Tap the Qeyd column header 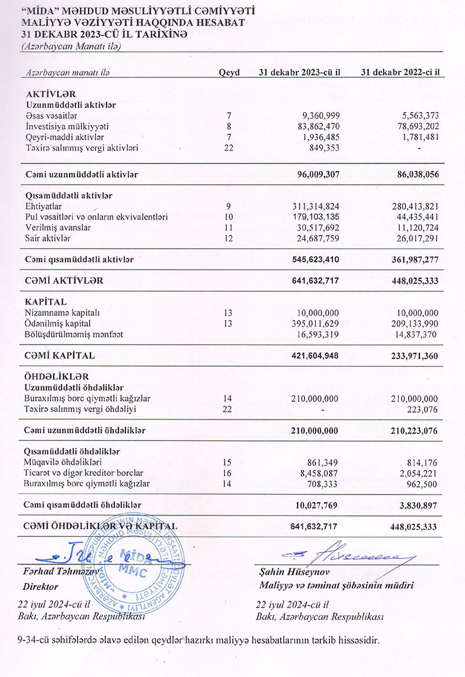click(x=229, y=73)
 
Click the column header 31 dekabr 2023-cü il click(x=299, y=73)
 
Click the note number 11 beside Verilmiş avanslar click(x=228, y=228)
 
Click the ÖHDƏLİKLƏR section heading click(x=58, y=376)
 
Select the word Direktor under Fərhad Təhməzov click(x=42, y=587)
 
